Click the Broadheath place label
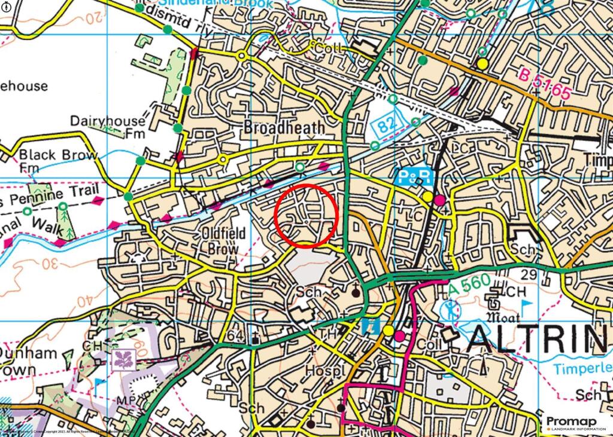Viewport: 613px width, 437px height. (x=284, y=128)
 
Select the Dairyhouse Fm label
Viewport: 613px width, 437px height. (x=108, y=127)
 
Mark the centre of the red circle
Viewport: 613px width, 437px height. (x=306, y=216)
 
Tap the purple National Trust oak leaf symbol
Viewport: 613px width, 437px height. (x=123, y=359)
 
